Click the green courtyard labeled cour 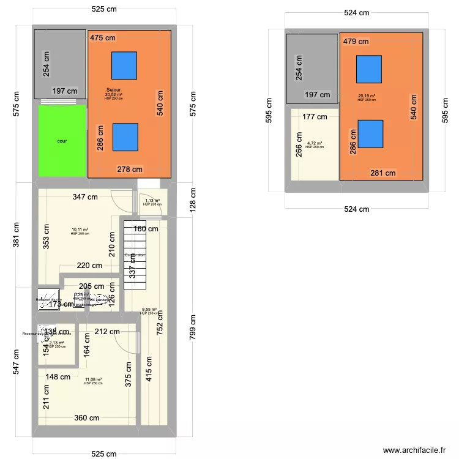click(62, 141)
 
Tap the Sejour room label click(113, 90)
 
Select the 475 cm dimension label click(103, 38)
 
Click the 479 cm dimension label click(356, 42)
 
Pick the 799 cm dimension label click(193, 327)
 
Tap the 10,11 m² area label click(80, 229)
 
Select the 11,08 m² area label click(94, 379)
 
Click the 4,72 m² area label click(315, 144)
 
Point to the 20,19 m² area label click(367, 96)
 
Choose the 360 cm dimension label click(87, 419)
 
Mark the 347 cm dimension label click(85, 197)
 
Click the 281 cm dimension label click(383, 173)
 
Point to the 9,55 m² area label click(149, 310)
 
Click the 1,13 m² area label click(152, 200)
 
